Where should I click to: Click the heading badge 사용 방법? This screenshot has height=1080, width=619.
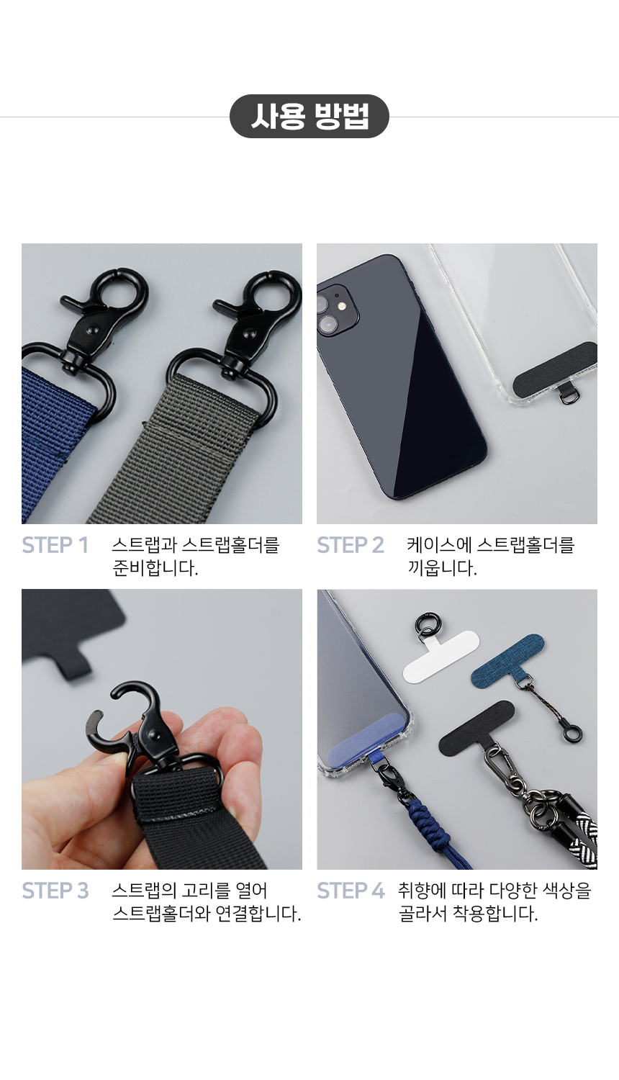(x=309, y=116)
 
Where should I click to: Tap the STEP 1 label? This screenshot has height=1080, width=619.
(x=55, y=545)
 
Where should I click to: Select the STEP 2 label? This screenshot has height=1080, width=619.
(x=351, y=545)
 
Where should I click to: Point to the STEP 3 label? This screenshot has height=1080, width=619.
(x=55, y=891)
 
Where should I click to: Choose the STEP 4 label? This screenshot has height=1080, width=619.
(x=351, y=891)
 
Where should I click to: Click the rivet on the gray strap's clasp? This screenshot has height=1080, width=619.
(x=249, y=333)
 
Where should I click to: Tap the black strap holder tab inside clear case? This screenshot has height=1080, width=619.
(x=554, y=369)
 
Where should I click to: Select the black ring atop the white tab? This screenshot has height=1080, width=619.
(x=426, y=623)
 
